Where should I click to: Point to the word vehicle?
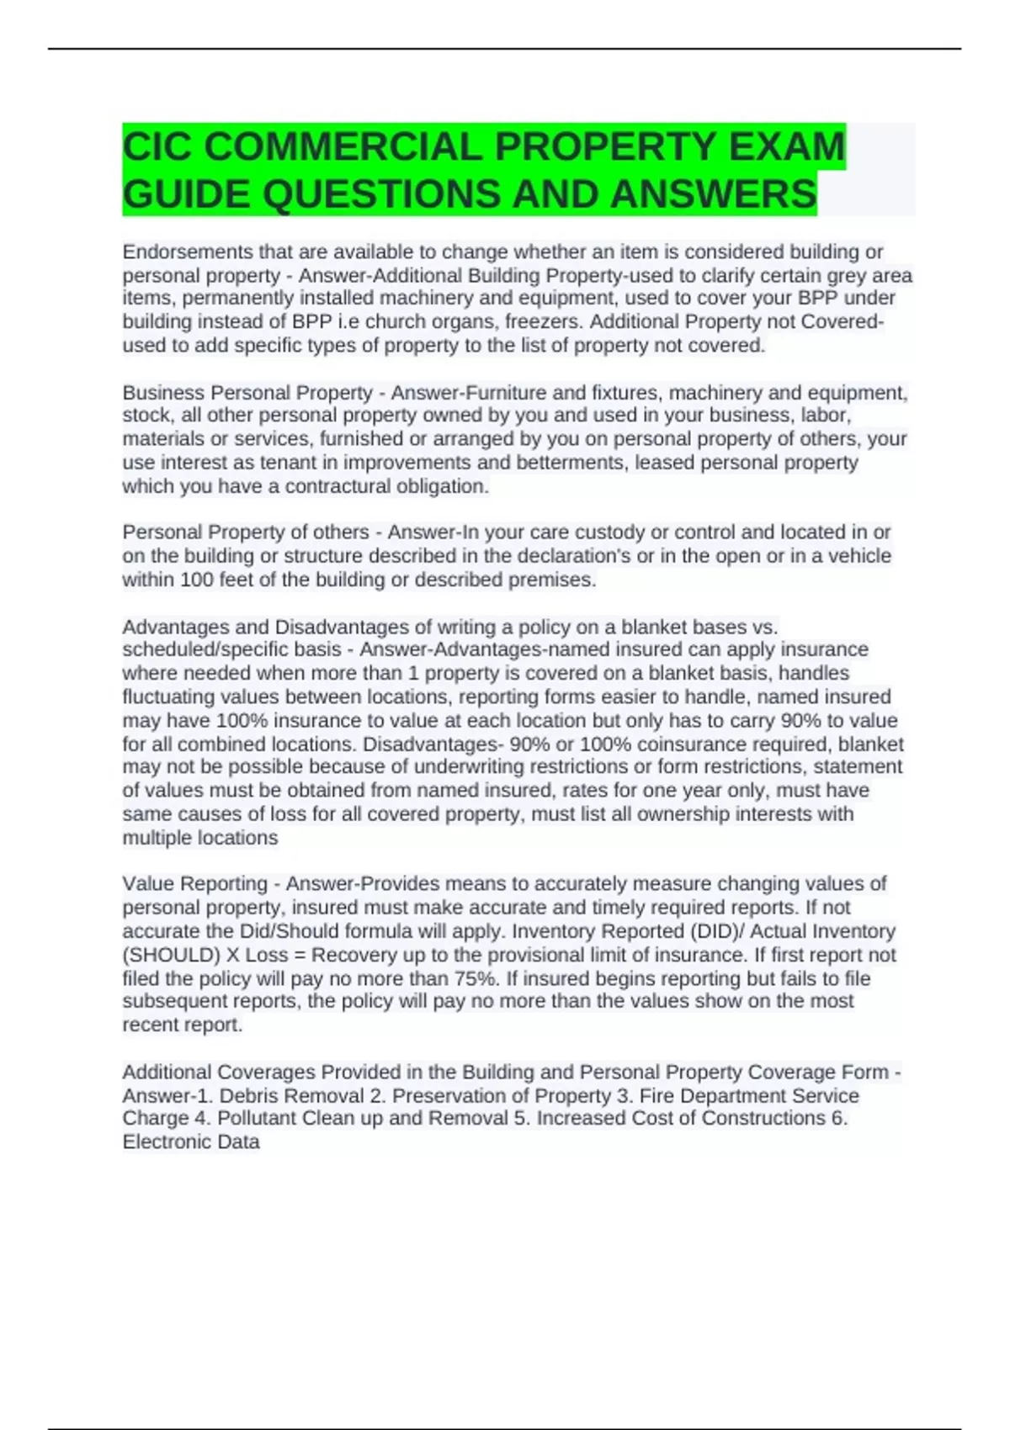coord(856,556)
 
